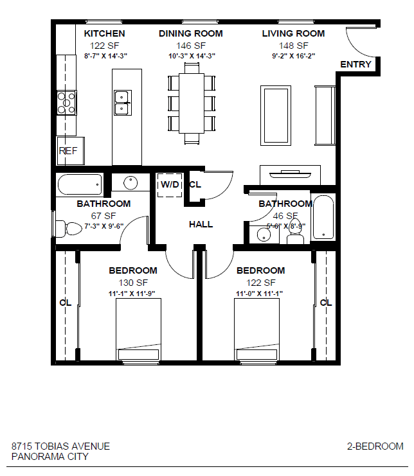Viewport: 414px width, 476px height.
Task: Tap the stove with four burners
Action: pyautogui.click(x=66, y=103)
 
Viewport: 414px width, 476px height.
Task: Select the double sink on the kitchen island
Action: pyautogui.click(x=122, y=102)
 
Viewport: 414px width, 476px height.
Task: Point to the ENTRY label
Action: pyautogui.click(x=355, y=64)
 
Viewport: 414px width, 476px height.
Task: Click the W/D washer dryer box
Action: pyautogui.click(x=170, y=185)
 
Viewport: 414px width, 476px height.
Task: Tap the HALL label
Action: pyautogui.click(x=201, y=224)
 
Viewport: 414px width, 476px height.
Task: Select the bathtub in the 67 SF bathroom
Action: pyautogui.click(x=80, y=186)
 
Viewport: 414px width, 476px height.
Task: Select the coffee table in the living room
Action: pyautogui.click(x=276, y=116)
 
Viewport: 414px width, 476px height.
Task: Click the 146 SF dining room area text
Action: pyautogui.click(x=191, y=46)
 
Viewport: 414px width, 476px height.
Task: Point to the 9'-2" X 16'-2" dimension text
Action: pyautogui.click(x=293, y=56)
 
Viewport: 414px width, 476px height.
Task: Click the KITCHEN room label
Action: pyautogui.click(x=104, y=33)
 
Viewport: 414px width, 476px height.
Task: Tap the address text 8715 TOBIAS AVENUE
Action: pyautogui.click(x=60, y=446)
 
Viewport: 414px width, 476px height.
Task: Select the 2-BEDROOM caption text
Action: pyautogui.click(x=375, y=446)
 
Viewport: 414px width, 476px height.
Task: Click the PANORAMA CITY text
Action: pyautogui.click(x=50, y=457)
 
